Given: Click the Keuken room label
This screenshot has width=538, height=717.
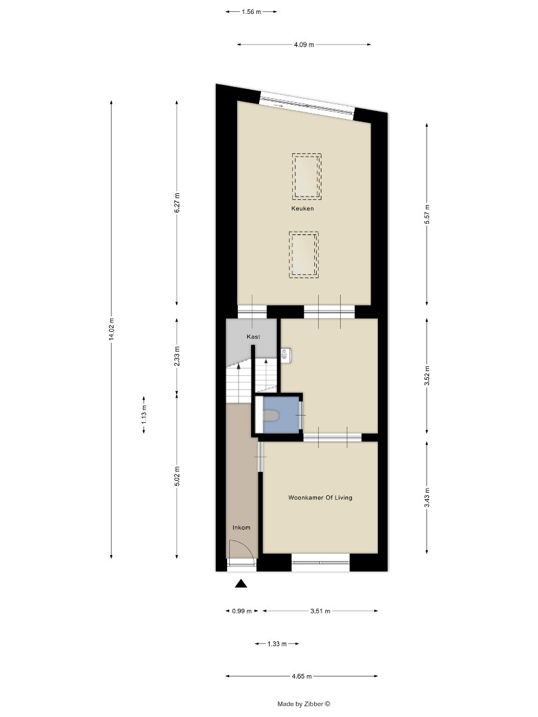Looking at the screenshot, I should (x=302, y=208).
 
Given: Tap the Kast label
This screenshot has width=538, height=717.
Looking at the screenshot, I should (x=253, y=337).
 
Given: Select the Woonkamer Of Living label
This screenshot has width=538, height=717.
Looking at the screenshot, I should (x=320, y=497).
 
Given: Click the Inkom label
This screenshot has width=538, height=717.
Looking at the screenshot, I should (x=241, y=528).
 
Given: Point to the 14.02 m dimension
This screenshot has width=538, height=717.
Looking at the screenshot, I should (x=112, y=329).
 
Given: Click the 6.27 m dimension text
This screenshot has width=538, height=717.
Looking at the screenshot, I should (x=177, y=202).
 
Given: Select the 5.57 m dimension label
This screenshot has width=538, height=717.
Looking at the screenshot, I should (x=426, y=214).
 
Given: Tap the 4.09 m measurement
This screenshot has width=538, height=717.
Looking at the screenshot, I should (x=304, y=44).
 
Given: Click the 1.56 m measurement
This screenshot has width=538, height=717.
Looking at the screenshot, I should (x=251, y=11).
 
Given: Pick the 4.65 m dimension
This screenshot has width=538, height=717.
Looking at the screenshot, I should (x=302, y=677).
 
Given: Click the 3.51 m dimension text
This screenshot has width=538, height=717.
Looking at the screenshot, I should (x=320, y=611).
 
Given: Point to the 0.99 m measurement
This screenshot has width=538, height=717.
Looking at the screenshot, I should (x=242, y=611).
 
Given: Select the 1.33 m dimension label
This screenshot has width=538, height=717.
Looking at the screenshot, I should (x=276, y=644).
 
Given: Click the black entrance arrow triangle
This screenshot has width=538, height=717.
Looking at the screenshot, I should (x=241, y=584).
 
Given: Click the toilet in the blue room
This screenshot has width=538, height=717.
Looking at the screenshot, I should (x=272, y=416).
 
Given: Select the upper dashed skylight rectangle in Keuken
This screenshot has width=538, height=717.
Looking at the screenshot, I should (x=306, y=175).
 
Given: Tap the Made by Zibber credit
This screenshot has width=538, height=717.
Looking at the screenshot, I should (x=304, y=704).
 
